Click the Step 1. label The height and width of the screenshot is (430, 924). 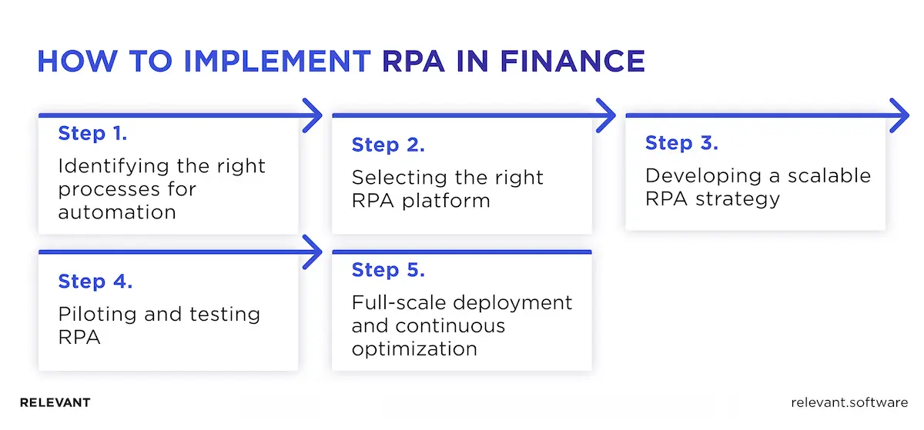point(92,134)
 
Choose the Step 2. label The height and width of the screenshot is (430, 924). point(388,145)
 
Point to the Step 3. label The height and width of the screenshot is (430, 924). point(681,143)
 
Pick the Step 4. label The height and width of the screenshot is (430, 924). point(95,282)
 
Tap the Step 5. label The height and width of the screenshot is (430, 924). point(388,270)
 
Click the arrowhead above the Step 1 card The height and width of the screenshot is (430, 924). point(311,116)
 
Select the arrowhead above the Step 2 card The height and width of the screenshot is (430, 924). point(605,116)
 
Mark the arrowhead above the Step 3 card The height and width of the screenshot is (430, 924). point(899,116)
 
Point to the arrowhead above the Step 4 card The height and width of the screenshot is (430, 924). point(311,252)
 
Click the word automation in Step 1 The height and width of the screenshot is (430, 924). point(117,212)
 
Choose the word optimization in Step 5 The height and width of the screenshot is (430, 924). point(414,348)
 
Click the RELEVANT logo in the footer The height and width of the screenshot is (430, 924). point(55,403)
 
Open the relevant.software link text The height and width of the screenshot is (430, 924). point(849,403)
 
